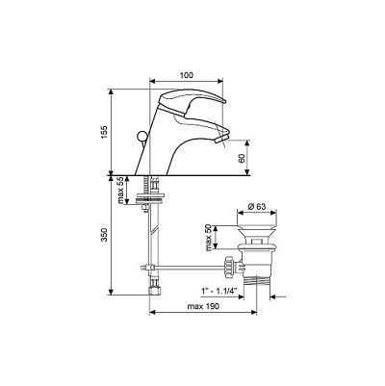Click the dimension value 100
pyautogui.click(x=187, y=75)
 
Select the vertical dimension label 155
pyautogui.click(x=104, y=132)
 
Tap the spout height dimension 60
pyautogui.click(x=242, y=158)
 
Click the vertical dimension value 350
pyautogui.click(x=104, y=235)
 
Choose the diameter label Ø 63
pyautogui.click(x=257, y=207)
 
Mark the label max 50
pyautogui.click(x=209, y=238)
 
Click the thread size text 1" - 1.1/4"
pyautogui.click(x=218, y=291)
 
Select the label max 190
pyautogui.click(x=203, y=306)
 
